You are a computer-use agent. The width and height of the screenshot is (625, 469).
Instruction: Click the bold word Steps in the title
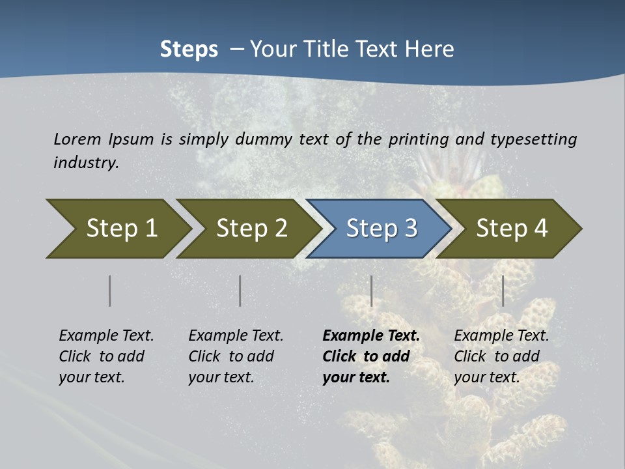[x=189, y=50]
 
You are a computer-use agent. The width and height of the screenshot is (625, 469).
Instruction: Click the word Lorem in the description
[x=77, y=139]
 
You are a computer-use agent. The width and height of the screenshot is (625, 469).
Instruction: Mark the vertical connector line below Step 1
[x=110, y=291]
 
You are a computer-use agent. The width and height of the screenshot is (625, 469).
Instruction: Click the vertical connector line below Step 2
[x=240, y=291]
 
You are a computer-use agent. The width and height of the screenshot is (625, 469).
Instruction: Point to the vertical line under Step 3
[x=372, y=291]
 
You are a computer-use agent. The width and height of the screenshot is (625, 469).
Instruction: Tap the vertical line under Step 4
[x=503, y=291]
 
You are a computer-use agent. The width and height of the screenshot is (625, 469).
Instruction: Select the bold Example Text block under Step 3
[x=371, y=356]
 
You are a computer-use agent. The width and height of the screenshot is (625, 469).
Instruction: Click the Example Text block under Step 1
[x=106, y=356]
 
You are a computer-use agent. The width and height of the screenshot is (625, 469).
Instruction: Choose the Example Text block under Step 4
[x=501, y=356]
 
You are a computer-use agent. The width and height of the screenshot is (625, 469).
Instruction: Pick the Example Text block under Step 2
[x=236, y=356]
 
